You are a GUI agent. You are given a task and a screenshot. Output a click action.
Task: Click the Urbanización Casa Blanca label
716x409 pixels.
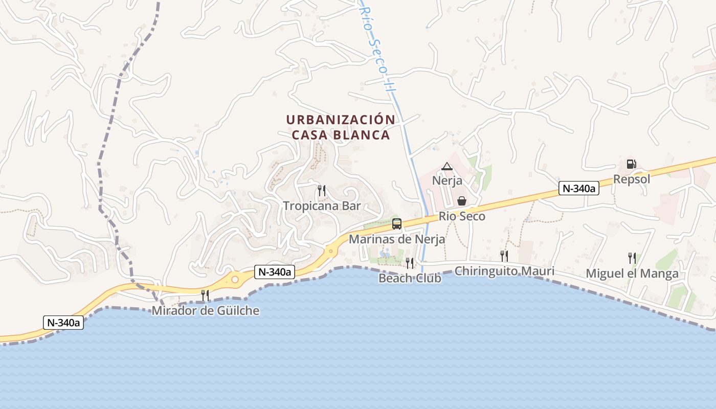click(x=340, y=127)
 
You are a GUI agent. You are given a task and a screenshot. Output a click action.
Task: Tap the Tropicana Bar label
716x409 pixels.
click(x=322, y=206)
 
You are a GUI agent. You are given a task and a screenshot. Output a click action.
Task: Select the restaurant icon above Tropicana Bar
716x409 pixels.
click(x=322, y=191)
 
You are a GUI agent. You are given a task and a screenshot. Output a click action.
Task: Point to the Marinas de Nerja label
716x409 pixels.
click(x=397, y=239)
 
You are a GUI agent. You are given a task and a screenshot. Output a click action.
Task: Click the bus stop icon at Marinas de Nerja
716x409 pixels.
click(x=397, y=224)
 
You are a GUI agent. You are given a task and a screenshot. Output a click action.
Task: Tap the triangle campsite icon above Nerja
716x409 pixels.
click(x=447, y=166)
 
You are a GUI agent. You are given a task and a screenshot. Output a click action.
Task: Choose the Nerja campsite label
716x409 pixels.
click(x=447, y=180)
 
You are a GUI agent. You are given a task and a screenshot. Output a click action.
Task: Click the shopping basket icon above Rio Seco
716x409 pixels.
click(x=462, y=201)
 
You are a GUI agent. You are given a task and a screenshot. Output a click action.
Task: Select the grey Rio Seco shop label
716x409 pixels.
click(x=462, y=216)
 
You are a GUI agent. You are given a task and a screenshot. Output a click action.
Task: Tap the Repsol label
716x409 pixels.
click(x=632, y=179)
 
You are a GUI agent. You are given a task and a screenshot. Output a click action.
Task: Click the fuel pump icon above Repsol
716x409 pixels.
click(x=632, y=164)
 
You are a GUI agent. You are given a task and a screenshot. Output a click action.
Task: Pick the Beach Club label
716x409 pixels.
click(x=410, y=278)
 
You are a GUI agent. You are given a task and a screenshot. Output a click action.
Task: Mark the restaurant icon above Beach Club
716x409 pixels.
click(x=410, y=263)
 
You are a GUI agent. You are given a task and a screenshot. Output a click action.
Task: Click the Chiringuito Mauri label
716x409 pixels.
click(x=504, y=271)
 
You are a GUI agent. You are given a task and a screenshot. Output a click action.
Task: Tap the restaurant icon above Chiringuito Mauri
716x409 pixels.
click(x=504, y=256)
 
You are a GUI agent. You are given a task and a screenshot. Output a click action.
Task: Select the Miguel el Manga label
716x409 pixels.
click(x=632, y=274)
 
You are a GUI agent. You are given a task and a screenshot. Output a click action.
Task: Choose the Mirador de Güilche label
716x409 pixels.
click(x=206, y=310)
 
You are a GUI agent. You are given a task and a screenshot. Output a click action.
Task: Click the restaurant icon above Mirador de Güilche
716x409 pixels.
click(x=205, y=295)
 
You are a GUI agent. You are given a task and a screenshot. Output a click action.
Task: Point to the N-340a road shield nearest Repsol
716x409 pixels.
click(x=578, y=188)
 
